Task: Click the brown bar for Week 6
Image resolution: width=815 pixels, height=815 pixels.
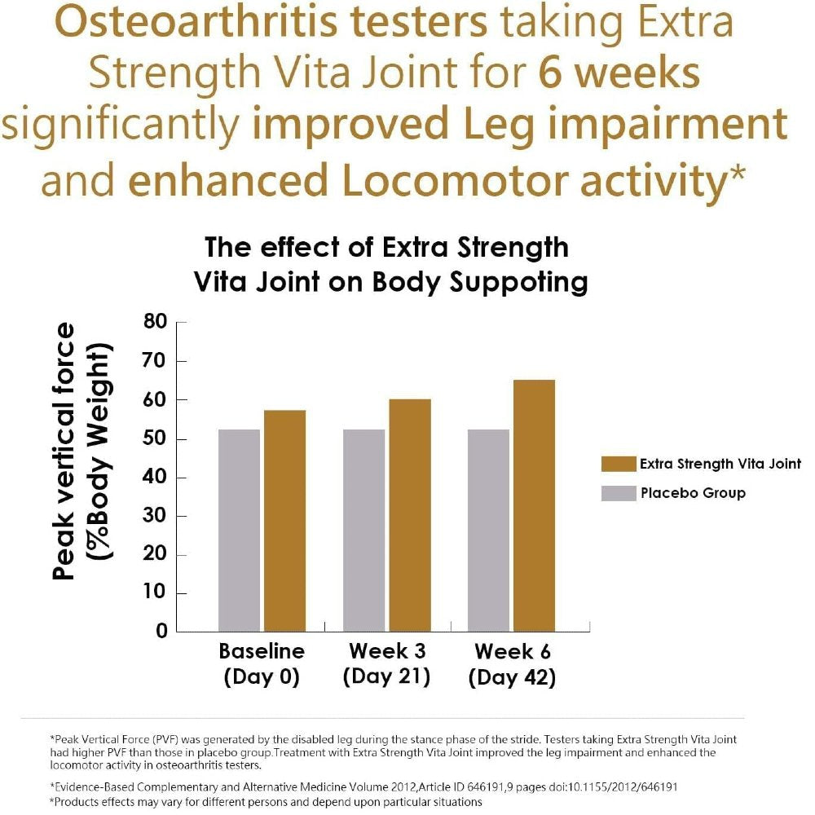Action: pyautogui.click(x=534, y=505)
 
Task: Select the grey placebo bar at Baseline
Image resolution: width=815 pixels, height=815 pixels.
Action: pyautogui.click(x=239, y=530)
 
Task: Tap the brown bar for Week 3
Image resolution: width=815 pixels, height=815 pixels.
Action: pyautogui.click(x=409, y=515)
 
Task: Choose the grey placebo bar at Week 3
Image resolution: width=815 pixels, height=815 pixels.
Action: pyautogui.click(x=363, y=530)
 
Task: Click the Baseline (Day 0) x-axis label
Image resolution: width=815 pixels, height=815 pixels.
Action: pyautogui.click(x=262, y=663)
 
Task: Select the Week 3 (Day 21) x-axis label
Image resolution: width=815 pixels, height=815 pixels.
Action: pyautogui.click(x=387, y=663)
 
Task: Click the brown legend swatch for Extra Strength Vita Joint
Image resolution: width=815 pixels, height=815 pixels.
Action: pyautogui.click(x=618, y=464)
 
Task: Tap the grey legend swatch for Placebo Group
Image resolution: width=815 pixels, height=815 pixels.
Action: pyautogui.click(x=618, y=493)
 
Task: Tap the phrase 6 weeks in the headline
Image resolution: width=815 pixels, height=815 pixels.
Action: pyautogui.click(x=619, y=74)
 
